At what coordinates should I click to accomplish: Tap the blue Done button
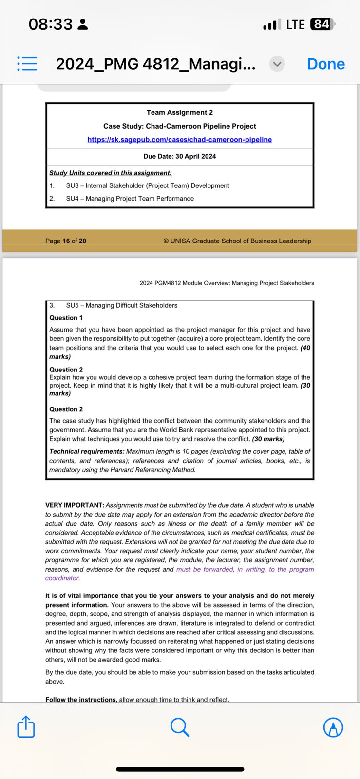(x=325, y=64)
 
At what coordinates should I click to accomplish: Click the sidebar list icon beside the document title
(x=27, y=64)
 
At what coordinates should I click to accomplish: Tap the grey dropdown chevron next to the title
(x=277, y=64)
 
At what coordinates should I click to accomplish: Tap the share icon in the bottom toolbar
(x=26, y=727)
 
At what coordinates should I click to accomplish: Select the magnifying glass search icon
(x=180, y=727)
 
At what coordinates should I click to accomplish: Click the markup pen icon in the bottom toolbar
(x=333, y=727)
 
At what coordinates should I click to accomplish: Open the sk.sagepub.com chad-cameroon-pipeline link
(x=179, y=140)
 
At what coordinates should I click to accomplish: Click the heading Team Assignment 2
(x=179, y=112)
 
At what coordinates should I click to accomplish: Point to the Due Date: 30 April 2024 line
(x=179, y=156)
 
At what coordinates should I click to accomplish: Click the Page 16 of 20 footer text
(x=66, y=241)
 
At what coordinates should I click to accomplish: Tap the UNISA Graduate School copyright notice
(x=237, y=241)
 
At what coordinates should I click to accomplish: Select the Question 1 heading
(x=66, y=318)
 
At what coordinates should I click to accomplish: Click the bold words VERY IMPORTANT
(x=75, y=505)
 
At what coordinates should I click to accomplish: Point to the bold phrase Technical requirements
(x=86, y=452)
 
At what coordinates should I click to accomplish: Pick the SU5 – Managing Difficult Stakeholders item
(x=121, y=305)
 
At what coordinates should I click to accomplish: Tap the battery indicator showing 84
(x=322, y=24)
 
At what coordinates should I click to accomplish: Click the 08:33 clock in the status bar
(x=50, y=24)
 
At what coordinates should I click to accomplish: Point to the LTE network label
(x=295, y=24)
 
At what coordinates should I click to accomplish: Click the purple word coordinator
(x=62, y=578)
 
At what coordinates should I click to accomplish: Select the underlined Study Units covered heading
(x=110, y=173)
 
